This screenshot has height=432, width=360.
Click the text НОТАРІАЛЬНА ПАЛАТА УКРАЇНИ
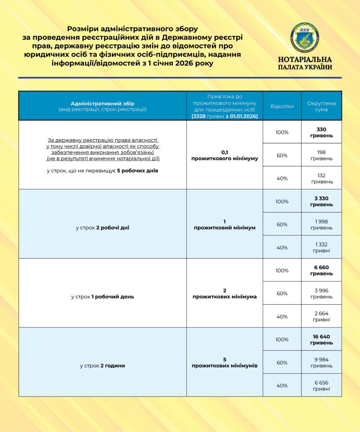click(x=305, y=63)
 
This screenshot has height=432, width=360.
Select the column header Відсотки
click(x=282, y=106)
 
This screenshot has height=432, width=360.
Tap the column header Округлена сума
click(x=321, y=106)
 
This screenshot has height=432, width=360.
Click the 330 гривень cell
click(x=321, y=132)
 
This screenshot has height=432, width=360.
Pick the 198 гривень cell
click(x=321, y=155)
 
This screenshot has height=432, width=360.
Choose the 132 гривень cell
click(x=321, y=178)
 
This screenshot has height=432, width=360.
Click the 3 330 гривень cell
click(x=321, y=201)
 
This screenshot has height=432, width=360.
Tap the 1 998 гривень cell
click(x=321, y=224)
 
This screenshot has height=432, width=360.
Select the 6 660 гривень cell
click(x=321, y=270)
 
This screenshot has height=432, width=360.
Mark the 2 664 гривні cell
click(x=321, y=316)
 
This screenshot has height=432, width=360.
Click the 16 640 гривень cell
click(x=321, y=340)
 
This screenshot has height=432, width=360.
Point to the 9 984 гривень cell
click(x=321, y=362)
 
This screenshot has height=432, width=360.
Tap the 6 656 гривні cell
click(x=321, y=386)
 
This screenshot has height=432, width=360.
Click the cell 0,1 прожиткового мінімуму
click(x=225, y=155)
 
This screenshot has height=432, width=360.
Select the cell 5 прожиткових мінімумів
click(x=225, y=362)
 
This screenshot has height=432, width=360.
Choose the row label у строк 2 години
click(x=103, y=366)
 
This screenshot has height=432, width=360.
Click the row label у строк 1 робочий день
click(x=103, y=297)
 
